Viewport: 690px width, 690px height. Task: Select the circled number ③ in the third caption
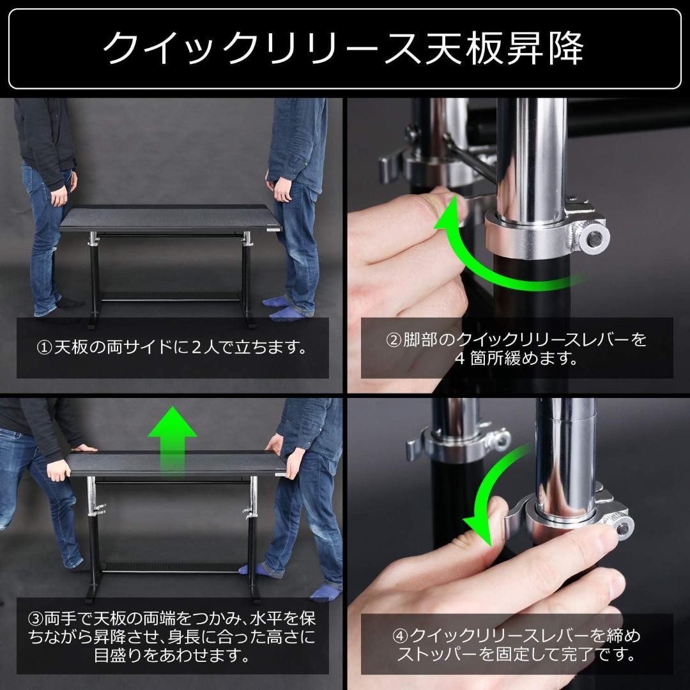pos(35,619)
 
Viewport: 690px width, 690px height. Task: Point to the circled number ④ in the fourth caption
pos(400,636)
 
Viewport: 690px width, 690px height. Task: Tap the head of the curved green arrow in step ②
pos(447,214)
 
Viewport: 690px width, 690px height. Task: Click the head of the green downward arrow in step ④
pos(480,530)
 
